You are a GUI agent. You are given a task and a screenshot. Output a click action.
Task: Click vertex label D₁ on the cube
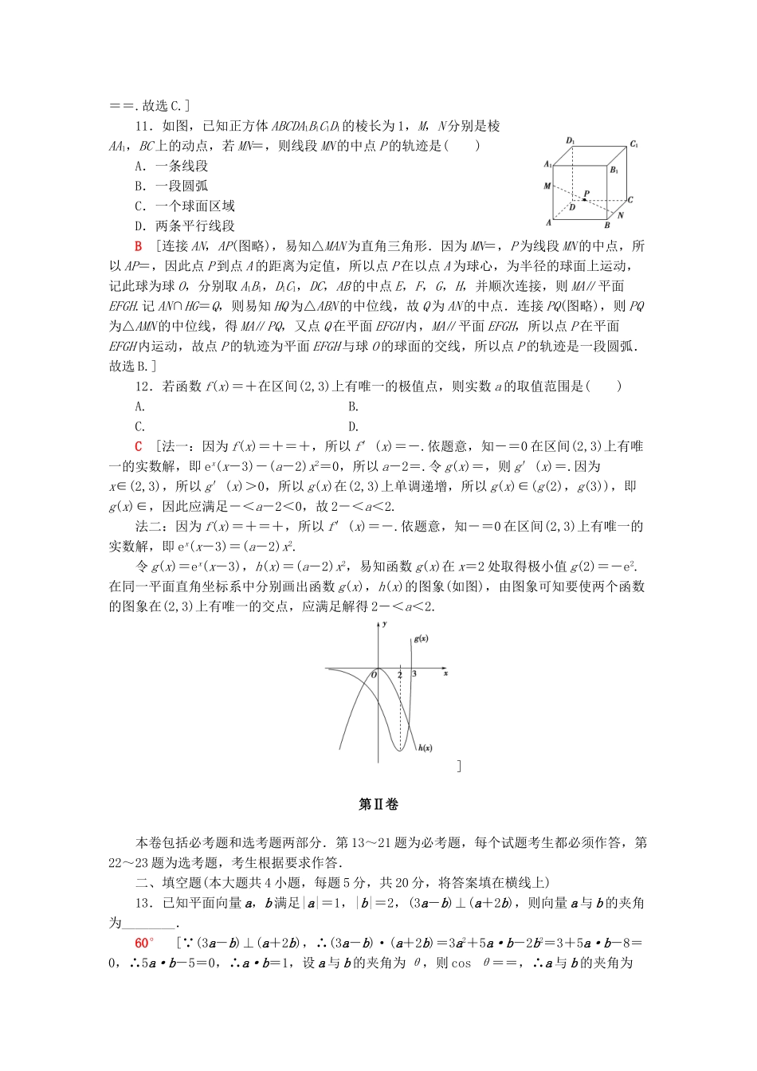tap(571, 141)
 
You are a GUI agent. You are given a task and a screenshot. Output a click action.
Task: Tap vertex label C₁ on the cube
tap(634, 144)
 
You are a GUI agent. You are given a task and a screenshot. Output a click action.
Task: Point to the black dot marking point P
tap(584, 199)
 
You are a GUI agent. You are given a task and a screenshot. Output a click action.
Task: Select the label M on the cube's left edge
tap(547, 186)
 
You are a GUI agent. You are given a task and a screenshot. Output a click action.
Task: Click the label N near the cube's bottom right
tap(621, 215)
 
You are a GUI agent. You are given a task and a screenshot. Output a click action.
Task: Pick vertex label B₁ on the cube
tap(614, 170)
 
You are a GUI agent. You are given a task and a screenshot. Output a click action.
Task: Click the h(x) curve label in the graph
tap(425, 747)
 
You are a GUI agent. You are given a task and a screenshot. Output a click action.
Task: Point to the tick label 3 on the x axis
tap(414, 674)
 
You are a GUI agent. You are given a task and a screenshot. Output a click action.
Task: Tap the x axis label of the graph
tap(445, 673)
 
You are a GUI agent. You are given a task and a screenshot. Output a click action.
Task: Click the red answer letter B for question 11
tap(138, 246)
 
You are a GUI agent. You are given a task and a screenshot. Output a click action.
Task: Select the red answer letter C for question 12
tap(138, 446)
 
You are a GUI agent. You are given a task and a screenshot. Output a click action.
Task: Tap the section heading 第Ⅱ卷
tap(378, 804)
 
